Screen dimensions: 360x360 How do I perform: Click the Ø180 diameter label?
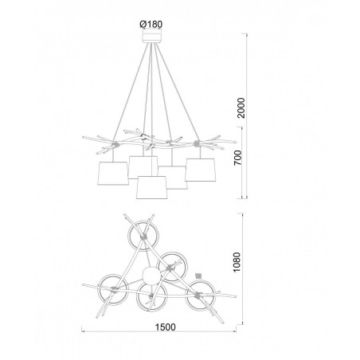click(x=151, y=25)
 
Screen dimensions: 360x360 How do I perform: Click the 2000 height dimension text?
click(x=241, y=108)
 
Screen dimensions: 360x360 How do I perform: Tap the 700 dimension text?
click(x=238, y=158)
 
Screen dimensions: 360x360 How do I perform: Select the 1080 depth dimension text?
click(x=237, y=262)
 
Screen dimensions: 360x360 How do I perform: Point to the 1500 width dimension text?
click(x=165, y=327)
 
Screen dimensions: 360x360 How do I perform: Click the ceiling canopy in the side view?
click(x=151, y=37)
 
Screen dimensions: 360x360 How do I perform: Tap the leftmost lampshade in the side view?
click(x=113, y=174)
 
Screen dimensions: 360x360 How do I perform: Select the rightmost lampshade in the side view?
click(x=201, y=170)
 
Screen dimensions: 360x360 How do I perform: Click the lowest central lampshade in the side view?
click(x=152, y=187)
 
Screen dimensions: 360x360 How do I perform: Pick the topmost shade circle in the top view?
click(x=128, y=236)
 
